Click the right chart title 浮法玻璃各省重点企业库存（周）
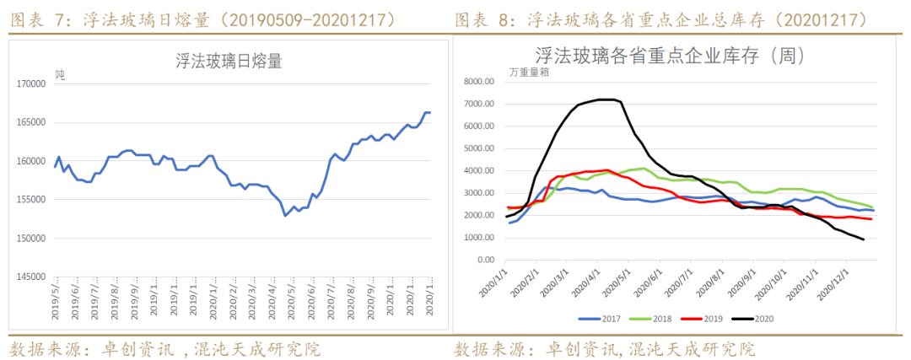click(671, 56)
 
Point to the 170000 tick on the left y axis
click(31, 84)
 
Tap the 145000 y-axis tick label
click(31, 277)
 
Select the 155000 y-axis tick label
click(31, 200)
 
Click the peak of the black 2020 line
click(604, 99)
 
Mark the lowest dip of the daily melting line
click(286, 215)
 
